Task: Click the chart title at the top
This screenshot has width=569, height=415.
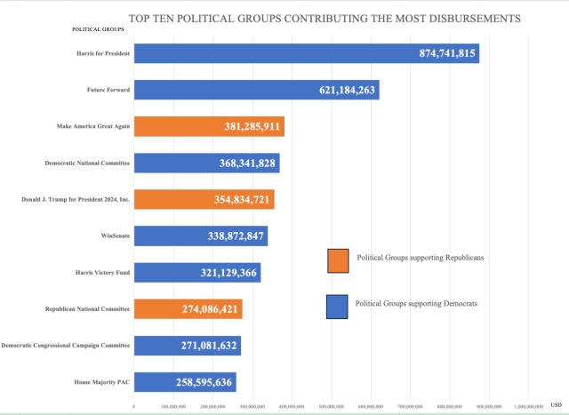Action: (x=325, y=17)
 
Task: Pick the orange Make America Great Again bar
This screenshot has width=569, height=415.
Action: (x=209, y=126)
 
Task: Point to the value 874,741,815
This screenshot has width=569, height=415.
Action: (x=447, y=54)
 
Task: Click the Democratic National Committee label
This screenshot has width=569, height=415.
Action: (x=88, y=164)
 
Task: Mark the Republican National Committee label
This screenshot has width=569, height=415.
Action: (x=88, y=309)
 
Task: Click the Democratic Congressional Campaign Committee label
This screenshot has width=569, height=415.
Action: (x=67, y=346)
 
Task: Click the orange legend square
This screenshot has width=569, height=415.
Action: (x=338, y=259)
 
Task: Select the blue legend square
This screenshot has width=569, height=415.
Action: (x=338, y=305)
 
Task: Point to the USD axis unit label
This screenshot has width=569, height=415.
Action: (x=556, y=405)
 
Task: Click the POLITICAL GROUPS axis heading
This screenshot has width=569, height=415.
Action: (x=98, y=29)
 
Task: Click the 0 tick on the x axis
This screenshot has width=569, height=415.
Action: (x=133, y=406)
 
